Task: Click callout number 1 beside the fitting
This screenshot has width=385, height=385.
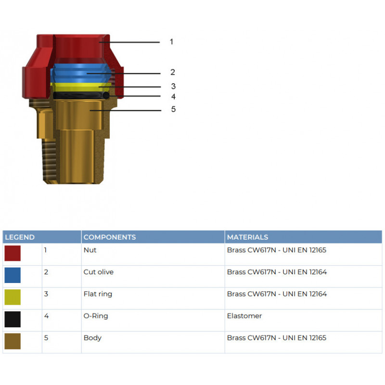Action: [171, 42]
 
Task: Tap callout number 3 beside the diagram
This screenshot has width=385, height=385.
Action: [173, 86]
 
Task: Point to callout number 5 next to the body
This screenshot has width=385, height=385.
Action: [173, 109]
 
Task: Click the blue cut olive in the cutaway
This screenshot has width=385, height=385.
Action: [81, 73]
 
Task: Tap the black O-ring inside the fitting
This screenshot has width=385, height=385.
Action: [81, 95]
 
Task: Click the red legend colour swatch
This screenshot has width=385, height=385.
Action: [13, 253]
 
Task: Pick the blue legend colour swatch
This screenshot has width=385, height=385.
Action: [13, 275]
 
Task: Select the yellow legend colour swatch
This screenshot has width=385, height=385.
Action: [13, 297]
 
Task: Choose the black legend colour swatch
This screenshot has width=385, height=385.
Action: [13, 319]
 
